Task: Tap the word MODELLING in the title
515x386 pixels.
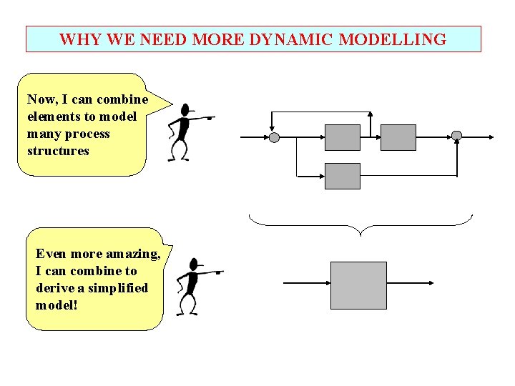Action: click(393, 39)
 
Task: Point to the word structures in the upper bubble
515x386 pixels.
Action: click(58, 151)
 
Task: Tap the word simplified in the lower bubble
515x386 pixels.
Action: click(119, 288)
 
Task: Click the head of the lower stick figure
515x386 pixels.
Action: click(193, 264)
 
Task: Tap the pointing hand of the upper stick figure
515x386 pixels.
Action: click(210, 117)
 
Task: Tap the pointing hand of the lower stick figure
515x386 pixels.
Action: click(218, 272)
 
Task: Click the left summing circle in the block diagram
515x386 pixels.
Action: click(273, 137)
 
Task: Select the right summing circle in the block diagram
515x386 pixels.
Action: click(457, 136)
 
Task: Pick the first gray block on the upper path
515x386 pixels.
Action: click(343, 137)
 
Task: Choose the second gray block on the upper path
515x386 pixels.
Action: click(398, 137)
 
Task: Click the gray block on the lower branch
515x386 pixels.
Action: click(343, 176)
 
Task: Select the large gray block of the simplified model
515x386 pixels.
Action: click(358, 285)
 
